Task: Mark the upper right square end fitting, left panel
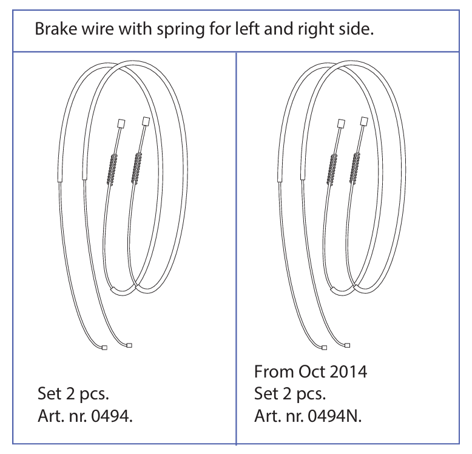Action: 145,122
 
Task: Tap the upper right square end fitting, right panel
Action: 364,122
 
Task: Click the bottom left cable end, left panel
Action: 104,348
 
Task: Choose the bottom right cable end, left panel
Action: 129,346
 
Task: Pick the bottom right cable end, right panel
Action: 348,346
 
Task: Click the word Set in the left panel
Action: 49,393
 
